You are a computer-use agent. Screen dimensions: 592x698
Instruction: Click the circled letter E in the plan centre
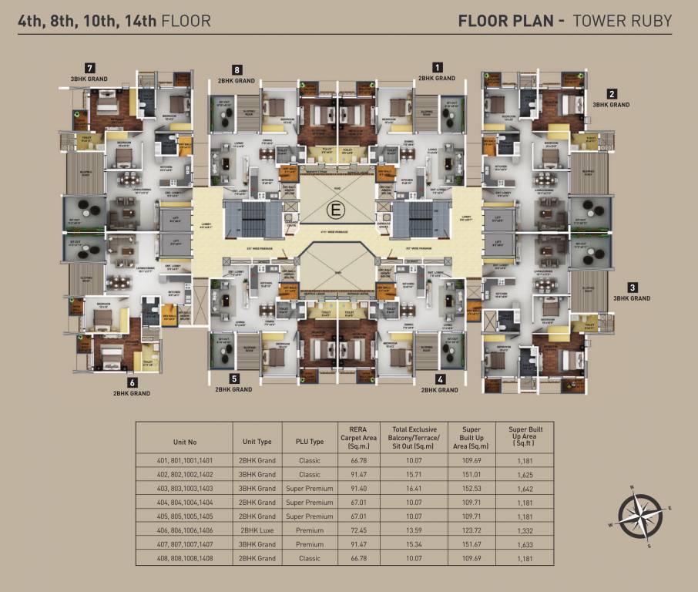click(x=336, y=208)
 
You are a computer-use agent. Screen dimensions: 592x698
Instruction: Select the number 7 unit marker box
click(x=91, y=67)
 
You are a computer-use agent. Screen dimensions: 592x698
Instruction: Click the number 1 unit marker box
click(x=438, y=66)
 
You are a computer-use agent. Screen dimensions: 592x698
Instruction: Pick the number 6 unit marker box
click(x=133, y=382)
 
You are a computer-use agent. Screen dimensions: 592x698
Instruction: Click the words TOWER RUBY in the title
click(x=621, y=20)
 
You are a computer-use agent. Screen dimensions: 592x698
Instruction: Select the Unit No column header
click(x=185, y=442)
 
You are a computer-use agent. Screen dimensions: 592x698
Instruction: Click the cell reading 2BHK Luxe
click(x=257, y=530)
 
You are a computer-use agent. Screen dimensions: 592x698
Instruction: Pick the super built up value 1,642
click(x=528, y=488)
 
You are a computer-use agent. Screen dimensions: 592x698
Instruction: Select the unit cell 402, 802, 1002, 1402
click(x=185, y=474)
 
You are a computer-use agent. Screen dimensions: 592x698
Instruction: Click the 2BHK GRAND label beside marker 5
click(x=233, y=390)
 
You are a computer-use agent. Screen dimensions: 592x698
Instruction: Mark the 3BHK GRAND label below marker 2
click(x=610, y=104)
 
